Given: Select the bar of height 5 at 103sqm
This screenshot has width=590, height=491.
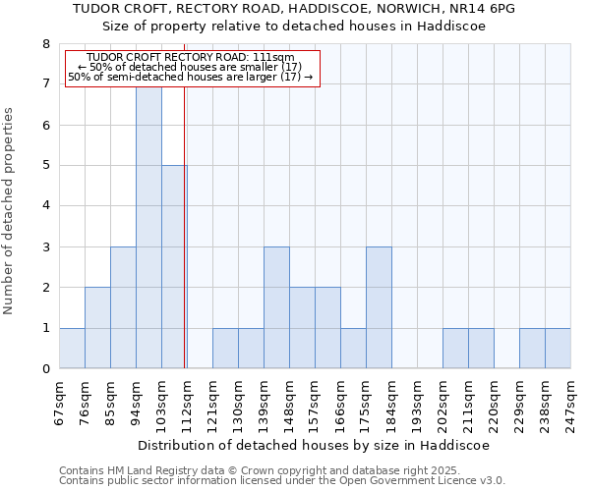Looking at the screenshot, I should (x=174, y=267).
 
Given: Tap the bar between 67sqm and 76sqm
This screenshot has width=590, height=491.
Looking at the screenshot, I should (x=72, y=349).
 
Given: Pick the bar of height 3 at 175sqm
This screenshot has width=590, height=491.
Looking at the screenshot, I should (x=379, y=307).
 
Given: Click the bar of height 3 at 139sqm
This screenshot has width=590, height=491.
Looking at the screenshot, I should (x=276, y=307).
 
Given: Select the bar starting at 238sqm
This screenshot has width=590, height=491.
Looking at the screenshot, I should (x=558, y=349).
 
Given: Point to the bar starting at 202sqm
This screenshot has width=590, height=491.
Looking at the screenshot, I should (x=455, y=349).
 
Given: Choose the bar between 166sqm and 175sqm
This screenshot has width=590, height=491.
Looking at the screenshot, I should (x=353, y=349).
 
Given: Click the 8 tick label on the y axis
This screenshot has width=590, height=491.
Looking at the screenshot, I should (x=45, y=44).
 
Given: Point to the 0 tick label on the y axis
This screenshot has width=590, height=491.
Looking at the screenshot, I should (x=45, y=369).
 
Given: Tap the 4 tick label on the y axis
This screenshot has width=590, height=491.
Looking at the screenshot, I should (x=45, y=206).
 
